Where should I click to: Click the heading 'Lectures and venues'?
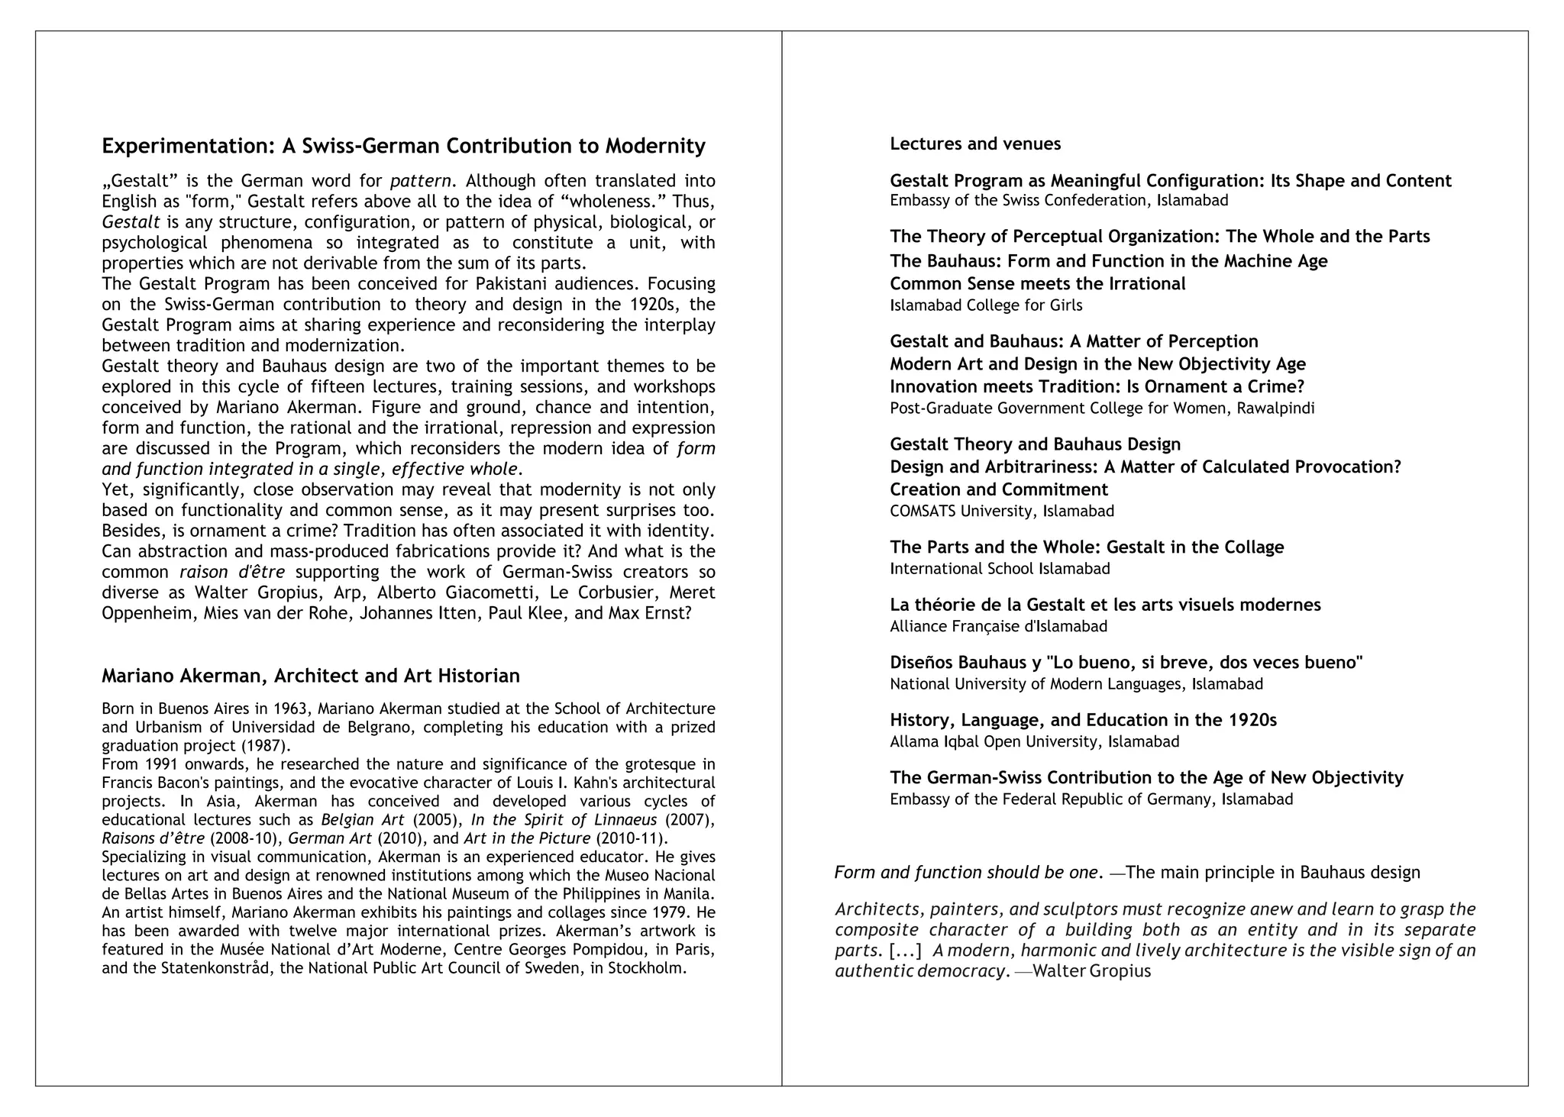click(x=975, y=144)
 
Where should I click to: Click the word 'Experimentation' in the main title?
click(x=187, y=146)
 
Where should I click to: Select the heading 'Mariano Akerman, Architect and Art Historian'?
click(x=311, y=676)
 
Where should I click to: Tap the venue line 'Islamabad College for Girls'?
click(x=986, y=305)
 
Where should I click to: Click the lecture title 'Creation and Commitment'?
click(x=999, y=489)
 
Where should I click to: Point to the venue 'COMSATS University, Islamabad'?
click(x=1002, y=511)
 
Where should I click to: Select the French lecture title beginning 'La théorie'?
click(x=1105, y=605)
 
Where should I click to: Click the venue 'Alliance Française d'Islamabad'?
click(x=998, y=626)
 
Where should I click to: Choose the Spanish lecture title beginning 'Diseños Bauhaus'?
click(x=1126, y=662)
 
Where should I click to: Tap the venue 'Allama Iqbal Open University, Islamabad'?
click(x=1035, y=741)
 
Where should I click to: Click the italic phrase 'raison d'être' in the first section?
click(x=232, y=572)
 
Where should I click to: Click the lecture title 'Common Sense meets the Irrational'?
click(x=1038, y=284)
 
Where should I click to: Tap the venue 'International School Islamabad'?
click(x=1000, y=569)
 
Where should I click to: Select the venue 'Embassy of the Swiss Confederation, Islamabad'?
click(x=1059, y=201)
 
